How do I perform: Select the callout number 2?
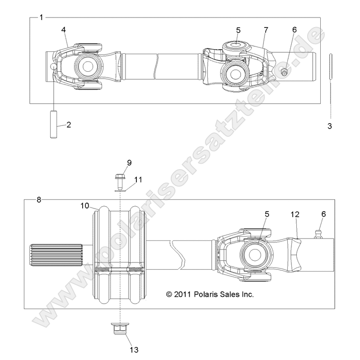(69, 125)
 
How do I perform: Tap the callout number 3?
(330, 127)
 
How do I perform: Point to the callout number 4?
(64, 30)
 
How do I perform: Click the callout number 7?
(266, 30)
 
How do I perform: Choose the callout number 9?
(129, 163)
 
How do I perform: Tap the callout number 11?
(138, 180)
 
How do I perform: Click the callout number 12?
(296, 216)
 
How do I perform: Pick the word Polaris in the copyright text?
(214, 294)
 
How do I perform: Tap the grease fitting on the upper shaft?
(285, 71)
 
